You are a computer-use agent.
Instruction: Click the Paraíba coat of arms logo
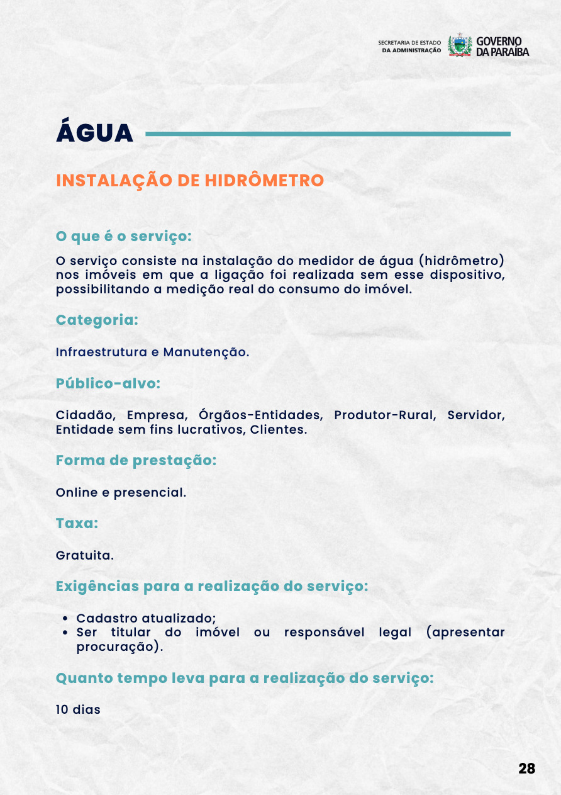(460, 46)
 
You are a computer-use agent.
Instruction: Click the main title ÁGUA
(95, 133)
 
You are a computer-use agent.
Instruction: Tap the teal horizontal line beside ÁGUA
(328, 133)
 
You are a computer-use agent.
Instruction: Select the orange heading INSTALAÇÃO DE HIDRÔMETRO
(190, 181)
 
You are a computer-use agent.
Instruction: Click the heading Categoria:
(97, 320)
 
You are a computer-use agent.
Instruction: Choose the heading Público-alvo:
(108, 383)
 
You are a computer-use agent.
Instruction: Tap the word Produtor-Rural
(384, 415)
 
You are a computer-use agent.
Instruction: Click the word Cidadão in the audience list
(86, 415)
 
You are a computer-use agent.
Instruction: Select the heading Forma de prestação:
(136, 460)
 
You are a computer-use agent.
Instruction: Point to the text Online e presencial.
(121, 492)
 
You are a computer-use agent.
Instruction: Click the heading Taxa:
(77, 523)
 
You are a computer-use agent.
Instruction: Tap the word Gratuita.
(85, 556)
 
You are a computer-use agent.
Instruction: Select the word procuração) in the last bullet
(119, 646)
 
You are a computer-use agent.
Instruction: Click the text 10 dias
(78, 709)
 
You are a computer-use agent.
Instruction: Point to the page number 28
(527, 769)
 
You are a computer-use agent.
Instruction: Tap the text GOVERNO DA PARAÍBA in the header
(503, 46)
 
